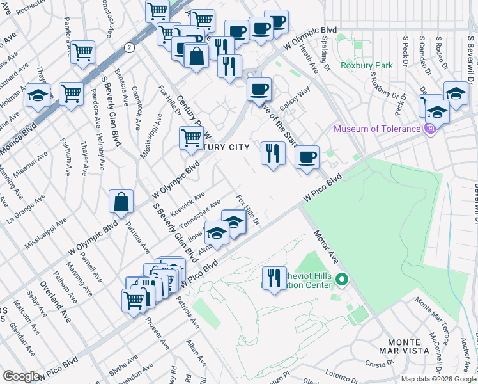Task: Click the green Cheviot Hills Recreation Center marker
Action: click(x=342, y=279)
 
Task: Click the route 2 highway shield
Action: click(x=130, y=47)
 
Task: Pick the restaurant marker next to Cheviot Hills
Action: click(x=274, y=278)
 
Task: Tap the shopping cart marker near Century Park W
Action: click(x=191, y=138)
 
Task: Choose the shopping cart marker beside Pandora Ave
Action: click(x=82, y=52)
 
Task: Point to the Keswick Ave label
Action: click(x=190, y=202)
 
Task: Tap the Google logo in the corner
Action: click(x=21, y=376)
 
